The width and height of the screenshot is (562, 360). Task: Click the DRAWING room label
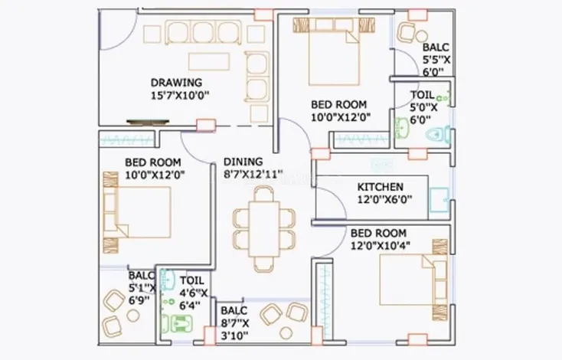coord(176,83)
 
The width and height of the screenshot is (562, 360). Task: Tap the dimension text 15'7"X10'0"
coord(180,96)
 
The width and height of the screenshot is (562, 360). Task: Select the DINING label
coord(243,162)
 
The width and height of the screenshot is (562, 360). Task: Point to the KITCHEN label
coord(381,187)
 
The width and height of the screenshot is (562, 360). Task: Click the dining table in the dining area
coord(264,229)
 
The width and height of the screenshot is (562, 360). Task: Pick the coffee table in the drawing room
coord(209,62)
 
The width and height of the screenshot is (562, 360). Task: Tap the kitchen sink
coord(439,199)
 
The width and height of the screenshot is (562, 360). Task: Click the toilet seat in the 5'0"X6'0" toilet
coord(439,135)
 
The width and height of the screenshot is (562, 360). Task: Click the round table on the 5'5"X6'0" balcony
coord(421,36)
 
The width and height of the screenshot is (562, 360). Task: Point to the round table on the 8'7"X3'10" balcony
coord(286,333)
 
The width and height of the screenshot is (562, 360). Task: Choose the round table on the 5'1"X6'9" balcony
coord(133,316)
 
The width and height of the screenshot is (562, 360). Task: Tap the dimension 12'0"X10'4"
coord(381,246)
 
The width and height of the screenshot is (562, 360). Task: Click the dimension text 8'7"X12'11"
coord(253,175)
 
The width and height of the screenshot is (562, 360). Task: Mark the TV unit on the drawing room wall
coord(148,122)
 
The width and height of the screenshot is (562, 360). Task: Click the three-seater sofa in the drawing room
coord(203,33)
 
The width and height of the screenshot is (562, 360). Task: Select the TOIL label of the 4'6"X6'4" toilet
coord(191,280)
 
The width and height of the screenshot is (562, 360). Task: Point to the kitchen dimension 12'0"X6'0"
coord(384,199)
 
